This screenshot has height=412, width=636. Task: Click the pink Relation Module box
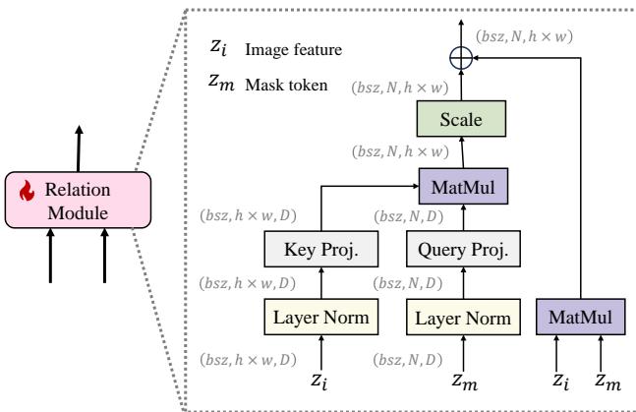pyautogui.click(x=76, y=199)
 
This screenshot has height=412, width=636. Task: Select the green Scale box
pyautogui.click(x=460, y=121)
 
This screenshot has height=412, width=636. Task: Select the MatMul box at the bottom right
pyautogui.click(x=578, y=319)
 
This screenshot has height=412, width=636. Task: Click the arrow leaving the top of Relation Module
pyautogui.click(x=77, y=147)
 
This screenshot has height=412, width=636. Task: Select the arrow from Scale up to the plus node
pyautogui.click(x=459, y=87)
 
